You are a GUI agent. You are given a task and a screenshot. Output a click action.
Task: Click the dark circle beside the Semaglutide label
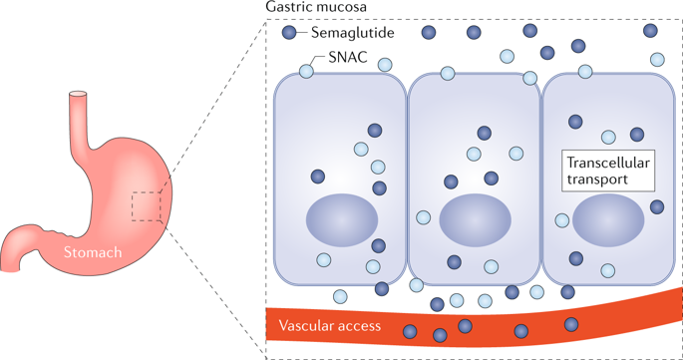290,33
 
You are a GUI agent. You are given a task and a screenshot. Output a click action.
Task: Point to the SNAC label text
348,58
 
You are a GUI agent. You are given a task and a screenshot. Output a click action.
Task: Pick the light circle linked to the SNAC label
306,71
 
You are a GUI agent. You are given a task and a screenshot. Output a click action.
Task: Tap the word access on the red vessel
365,326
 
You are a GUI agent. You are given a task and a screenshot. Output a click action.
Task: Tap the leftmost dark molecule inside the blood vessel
410,332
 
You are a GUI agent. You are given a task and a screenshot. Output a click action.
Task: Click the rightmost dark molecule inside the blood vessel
571,325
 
